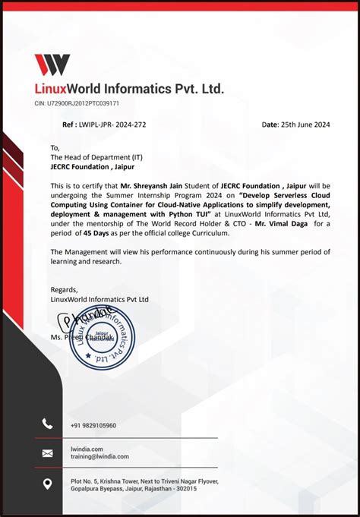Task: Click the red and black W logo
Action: click(52, 65)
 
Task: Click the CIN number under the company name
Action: click(77, 103)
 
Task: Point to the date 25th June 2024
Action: click(302, 124)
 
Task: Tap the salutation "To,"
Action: click(55, 148)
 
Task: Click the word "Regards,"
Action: click(64, 290)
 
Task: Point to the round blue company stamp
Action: click(102, 339)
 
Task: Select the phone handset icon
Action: click(48, 424)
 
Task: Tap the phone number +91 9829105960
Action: click(93, 426)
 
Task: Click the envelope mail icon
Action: click(48, 453)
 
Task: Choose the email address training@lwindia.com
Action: click(99, 456)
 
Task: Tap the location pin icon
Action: click(48, 484)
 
